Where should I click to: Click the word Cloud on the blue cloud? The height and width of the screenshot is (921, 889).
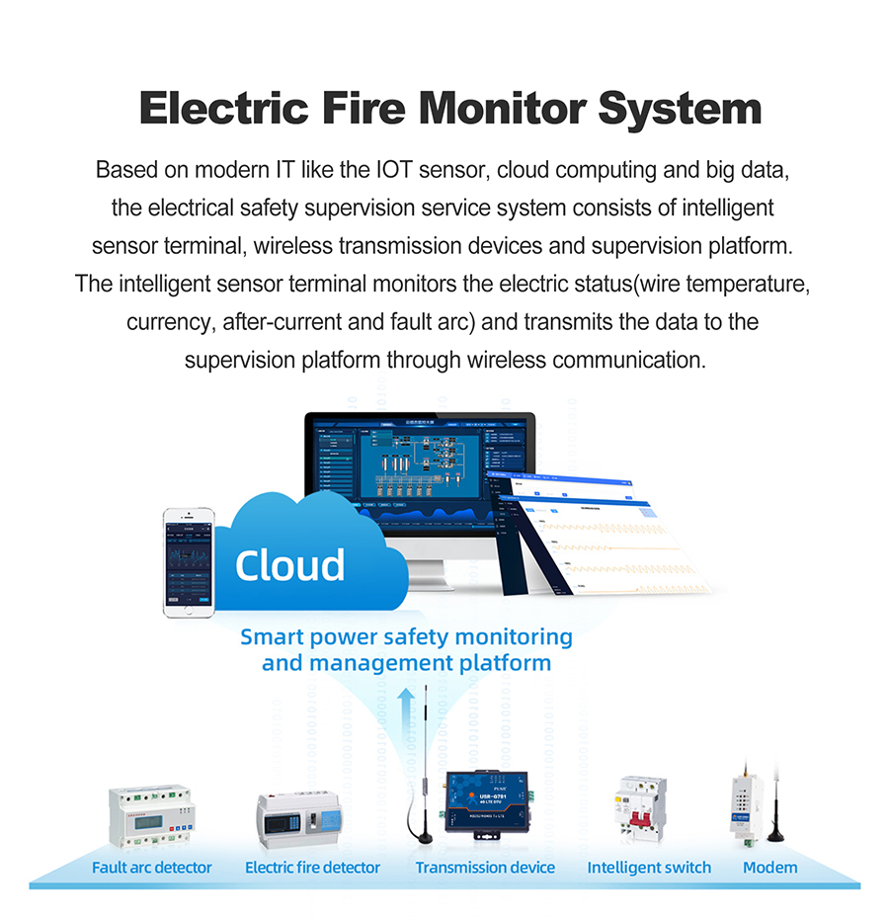[289, 564]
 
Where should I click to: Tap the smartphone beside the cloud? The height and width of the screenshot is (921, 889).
[188, 562]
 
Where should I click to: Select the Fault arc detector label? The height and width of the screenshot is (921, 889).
[151, 868]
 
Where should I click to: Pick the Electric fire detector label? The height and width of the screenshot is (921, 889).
[312, 868]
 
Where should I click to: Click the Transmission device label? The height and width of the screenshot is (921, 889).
[485, 868]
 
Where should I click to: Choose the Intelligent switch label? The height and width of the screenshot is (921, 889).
[649, 868]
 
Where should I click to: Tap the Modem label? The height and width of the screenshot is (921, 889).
[769, 868]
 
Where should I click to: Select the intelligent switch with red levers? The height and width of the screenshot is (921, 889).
[641, 806]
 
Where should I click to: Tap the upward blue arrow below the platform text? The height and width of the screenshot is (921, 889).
[405, 708]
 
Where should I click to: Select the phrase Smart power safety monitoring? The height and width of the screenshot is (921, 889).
[406, 636]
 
